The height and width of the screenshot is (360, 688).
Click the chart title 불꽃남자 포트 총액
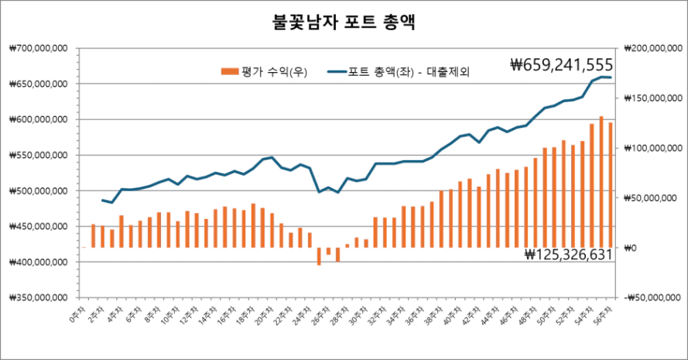tap(344, 22)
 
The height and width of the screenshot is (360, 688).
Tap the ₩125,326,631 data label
tap(568, 254)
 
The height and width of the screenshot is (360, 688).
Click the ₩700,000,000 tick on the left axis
tap(38, 48)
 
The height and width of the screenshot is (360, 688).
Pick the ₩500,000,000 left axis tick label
tap(38, 190)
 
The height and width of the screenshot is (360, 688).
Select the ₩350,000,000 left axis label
tap(38, 297)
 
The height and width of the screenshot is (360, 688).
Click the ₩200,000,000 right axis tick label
tap(649, 48)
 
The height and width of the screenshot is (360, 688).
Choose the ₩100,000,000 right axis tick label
tap(649, 148)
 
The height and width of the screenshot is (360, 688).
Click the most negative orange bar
tap(319, 256)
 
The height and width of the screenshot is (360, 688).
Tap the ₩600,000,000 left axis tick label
tap(38, 119)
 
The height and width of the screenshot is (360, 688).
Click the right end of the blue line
tap(611, 77)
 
